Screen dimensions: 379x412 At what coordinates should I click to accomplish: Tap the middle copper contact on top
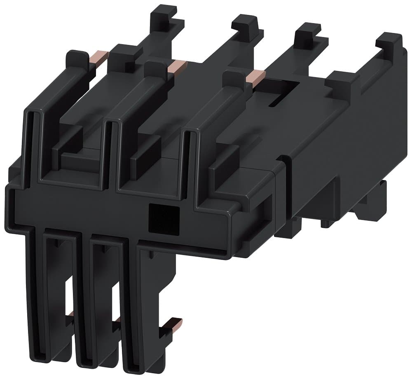tap(178, 66)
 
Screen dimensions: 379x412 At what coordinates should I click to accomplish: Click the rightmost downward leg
tap(144, 305)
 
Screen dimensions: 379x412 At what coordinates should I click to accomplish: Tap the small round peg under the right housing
tap(325, 224)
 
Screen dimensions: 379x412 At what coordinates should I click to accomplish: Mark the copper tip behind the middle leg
tap(118, 319)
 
